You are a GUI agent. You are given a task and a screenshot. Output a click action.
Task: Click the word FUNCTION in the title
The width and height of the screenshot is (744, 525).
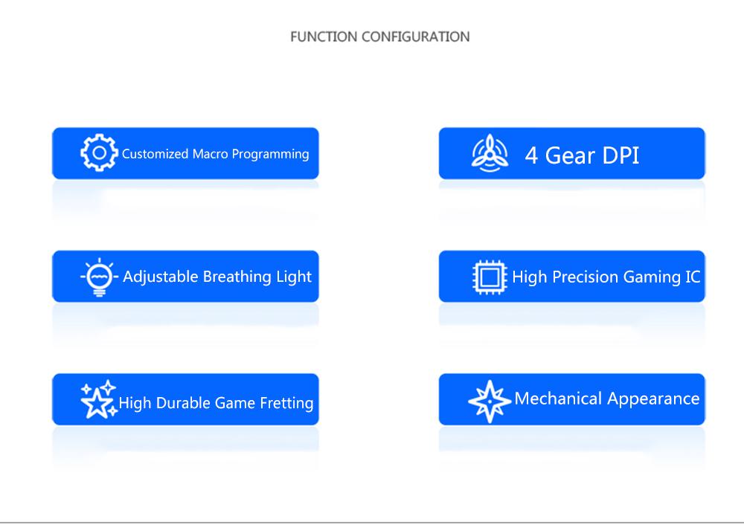tap(324, 36)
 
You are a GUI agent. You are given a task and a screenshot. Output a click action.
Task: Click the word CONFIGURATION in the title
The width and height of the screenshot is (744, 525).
tap(416, 36)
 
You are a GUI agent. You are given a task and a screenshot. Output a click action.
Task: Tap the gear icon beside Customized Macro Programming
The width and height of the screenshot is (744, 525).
tap(99, 152)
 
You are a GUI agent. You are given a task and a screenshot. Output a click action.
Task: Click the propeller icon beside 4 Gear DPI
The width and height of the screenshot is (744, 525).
tap(490, 152)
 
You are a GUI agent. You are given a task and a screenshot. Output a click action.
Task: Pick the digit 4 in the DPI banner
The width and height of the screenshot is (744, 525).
tap(531, 155)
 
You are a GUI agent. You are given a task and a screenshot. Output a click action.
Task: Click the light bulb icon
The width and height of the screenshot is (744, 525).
tap(99, 277)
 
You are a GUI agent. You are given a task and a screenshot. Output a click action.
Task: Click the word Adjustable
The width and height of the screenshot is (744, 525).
tap(161, 277)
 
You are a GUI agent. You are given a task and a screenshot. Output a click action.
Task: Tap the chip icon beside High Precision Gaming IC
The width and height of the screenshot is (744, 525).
tap(490, 277)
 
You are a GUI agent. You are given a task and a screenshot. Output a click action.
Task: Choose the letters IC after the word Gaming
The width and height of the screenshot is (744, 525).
tap(693, 277)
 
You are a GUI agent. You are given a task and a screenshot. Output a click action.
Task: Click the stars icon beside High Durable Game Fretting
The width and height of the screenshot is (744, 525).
tap(99, 399)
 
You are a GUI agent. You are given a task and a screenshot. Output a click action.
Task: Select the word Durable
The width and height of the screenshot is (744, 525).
tap(185, 402)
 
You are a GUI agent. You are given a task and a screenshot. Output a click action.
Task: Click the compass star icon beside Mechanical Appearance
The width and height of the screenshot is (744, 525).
tap(490, 402)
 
